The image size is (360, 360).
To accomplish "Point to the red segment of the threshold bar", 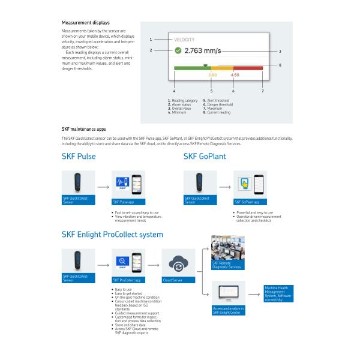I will click(x=247, y=68).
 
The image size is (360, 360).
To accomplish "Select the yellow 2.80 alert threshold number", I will click(x=212, y=75).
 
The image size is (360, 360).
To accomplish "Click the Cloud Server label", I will click(x=175, y=280).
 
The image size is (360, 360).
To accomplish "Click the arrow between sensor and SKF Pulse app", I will click(x=103, y=187).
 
